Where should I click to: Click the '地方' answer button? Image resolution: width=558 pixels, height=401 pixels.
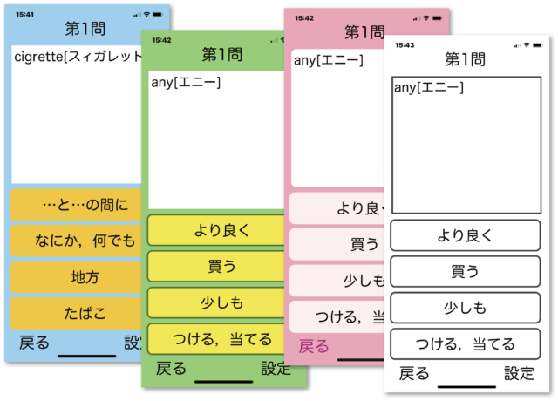(85, 278)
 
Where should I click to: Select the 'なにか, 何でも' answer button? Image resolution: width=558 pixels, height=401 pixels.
(85, 241)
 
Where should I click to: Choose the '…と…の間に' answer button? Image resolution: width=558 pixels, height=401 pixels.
(85, 206)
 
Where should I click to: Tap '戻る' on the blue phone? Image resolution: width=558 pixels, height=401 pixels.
(34, 343)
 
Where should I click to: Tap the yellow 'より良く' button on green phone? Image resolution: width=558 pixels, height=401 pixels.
(219, 231)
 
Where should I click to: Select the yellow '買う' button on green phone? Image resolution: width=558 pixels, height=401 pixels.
(219, 267)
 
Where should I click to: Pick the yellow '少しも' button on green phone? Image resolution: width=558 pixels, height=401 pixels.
(219, 302)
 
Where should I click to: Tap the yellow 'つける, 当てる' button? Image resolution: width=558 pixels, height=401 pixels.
(219, 339)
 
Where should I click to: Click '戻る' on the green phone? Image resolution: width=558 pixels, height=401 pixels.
(171, 369)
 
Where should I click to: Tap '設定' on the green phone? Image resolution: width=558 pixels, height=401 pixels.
(276, 369)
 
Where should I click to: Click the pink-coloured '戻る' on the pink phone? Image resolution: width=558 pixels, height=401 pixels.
(314, 346)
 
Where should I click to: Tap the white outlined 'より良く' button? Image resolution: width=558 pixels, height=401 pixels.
(465, 235)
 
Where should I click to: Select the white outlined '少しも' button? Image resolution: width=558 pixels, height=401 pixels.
(465, 308)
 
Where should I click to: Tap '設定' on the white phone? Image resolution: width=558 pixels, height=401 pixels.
(519, 374)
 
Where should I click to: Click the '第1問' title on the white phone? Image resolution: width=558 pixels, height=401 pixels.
(465, 59)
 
